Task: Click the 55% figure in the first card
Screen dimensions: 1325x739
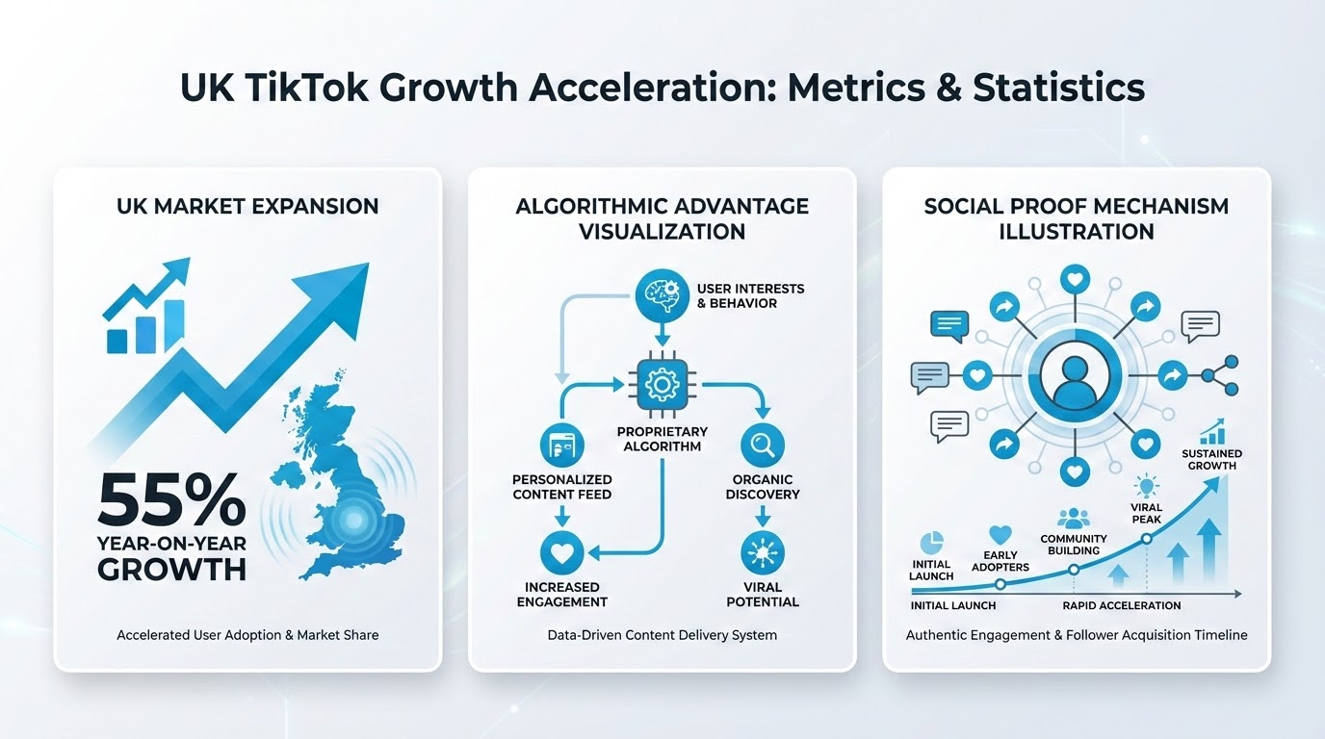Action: tap(172, 500)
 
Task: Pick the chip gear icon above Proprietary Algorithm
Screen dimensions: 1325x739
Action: tap(662, 385)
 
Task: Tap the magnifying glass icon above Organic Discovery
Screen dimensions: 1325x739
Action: tap(763, 446)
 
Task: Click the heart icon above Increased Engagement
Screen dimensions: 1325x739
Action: tap(562, 552)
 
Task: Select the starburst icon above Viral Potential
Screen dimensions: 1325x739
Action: tap(763, 552)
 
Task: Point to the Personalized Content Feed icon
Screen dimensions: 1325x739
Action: tap(562, 446)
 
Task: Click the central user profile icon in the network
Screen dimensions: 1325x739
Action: tap(1075, 376)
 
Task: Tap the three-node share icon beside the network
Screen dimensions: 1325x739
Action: tap(1220, 375)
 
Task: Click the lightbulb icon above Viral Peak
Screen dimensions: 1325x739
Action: tap(1146, 486)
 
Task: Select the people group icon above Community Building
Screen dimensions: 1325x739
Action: tap(1073, 519)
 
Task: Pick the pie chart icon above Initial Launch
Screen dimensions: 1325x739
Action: tap(932, 543)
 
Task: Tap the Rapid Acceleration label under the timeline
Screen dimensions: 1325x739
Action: tap(1122, 605)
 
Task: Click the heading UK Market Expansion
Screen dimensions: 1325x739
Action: tap(247, 206)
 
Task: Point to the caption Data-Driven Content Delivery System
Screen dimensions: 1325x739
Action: tap(662, 635)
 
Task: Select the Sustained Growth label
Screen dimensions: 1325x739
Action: tap(1212, 459)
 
